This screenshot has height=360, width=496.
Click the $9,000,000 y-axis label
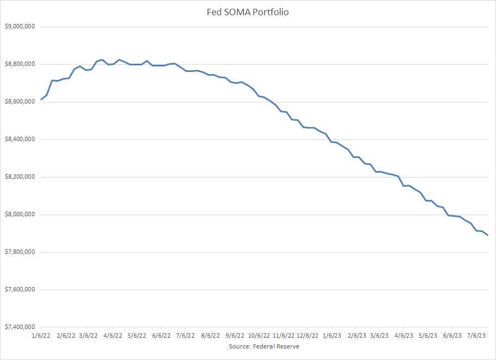point(20,27)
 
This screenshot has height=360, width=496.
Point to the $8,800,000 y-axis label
point(20,64)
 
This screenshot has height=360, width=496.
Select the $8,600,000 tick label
point(20,102)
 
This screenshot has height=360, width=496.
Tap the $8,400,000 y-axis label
point(20,139)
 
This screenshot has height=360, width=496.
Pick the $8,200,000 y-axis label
point(20,177)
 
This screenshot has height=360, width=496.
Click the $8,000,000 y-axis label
point(20,215)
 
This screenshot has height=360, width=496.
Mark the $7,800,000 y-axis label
point(20,252)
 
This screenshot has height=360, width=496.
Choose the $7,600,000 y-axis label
point(20,290)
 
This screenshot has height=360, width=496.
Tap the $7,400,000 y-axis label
point(20,327)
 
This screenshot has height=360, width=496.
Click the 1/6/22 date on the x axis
point(42,336)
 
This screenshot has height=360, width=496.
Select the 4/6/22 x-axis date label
point(114,336)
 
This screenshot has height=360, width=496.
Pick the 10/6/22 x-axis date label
point(259,336)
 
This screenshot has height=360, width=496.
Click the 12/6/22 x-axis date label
point(307,336)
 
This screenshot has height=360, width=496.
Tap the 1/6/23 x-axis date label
point(332,336)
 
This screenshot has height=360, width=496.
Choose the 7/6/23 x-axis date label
point(476,336)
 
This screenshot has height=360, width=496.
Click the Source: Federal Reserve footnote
point(264,346)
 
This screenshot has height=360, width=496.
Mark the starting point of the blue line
point(41,100)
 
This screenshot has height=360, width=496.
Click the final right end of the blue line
point(488,235)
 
